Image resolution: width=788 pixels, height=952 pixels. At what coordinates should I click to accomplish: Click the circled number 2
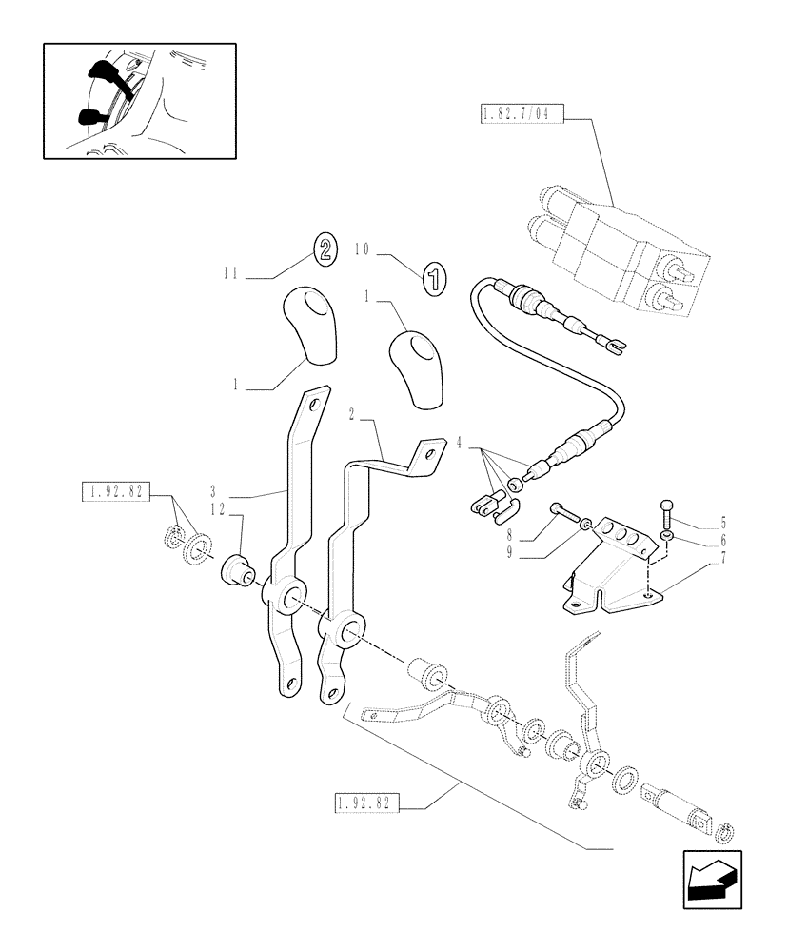click(x=324, y=250)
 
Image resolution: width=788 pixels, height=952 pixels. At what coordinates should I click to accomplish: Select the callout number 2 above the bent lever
click(x=352, y=414)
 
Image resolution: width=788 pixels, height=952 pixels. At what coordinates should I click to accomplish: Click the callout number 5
click(x=723, y=523)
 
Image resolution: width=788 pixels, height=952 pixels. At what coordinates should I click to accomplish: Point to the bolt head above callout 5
click(x=667, y=506)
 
